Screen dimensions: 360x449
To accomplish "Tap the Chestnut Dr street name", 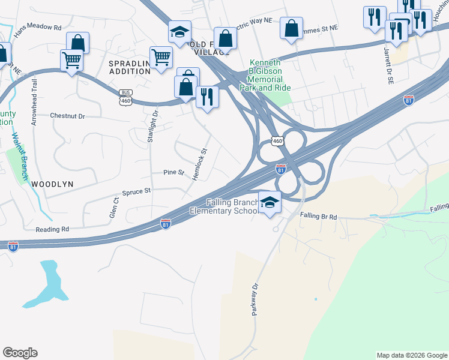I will [x=68, y=115].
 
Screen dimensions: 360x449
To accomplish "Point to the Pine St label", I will [x=173, y=172].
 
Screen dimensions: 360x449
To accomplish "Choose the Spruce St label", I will [x=136, y=191].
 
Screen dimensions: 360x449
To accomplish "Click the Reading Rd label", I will [x=52, y=229].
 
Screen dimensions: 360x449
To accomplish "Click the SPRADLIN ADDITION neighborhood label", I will [x=129, y=67].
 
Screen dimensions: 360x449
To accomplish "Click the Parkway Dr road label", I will [x=257, y=299].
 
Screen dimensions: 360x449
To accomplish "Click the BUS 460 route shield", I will [x=125, y=97].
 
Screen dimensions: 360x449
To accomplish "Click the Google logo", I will [x=20, y=353].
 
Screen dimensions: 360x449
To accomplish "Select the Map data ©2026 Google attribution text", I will [x=412, y=355].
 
